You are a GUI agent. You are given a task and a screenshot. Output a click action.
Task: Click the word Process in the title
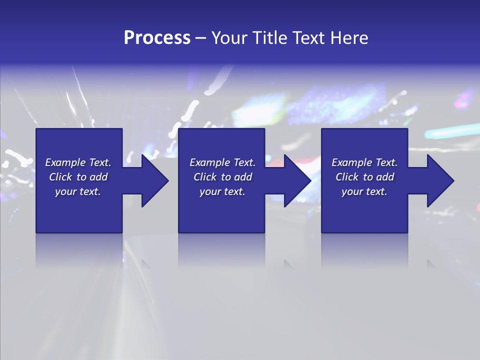coord(157,38)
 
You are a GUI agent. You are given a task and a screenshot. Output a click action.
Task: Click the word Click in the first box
coord(60,177)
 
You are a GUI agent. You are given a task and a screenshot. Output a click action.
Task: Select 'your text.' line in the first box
coord(78,191)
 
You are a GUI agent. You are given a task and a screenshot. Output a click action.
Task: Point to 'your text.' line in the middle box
coord(222,191)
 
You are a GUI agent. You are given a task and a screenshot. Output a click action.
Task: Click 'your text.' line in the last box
coord(364,191)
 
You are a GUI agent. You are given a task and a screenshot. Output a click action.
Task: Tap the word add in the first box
coord(98,177)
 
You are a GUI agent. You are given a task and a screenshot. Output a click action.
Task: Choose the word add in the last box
coord(385,177)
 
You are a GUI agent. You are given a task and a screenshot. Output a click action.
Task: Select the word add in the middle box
coord(243,177)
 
